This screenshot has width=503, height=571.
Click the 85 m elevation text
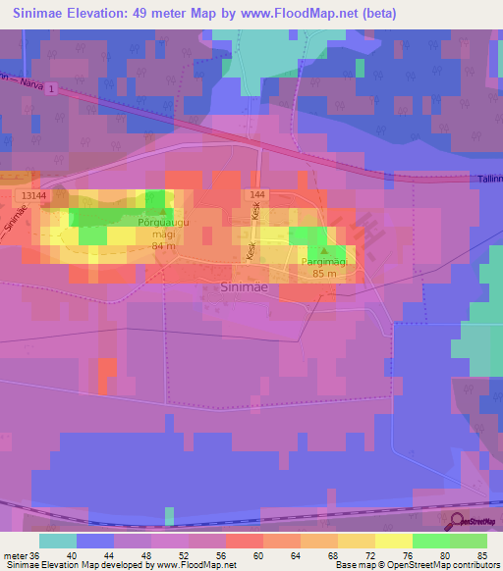pyautogui.click(x=324, y=275)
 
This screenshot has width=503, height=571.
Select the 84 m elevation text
pyautogui.click(x=164, y=246)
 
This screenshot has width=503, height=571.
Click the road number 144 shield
pyautogui.click(x=256, y=196)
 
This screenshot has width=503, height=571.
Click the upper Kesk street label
pyautogui.click(x=254, y=213)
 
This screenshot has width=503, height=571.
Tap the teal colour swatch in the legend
pyautogui.click(x=57, y=540)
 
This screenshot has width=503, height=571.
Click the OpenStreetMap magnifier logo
pyautogui.click(x=456, y=520)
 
